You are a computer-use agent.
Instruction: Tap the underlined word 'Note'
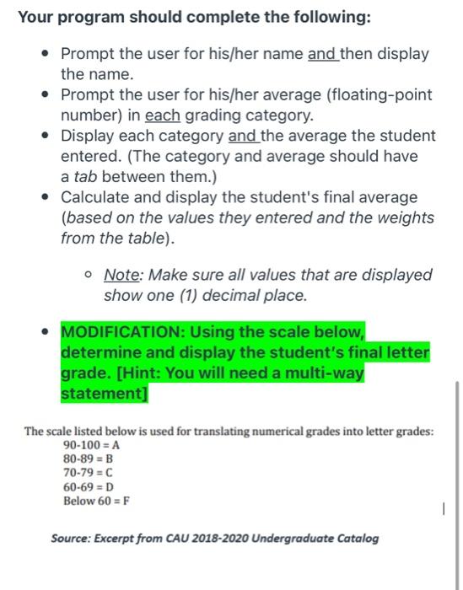[121, 275]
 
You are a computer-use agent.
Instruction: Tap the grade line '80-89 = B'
[89, 459]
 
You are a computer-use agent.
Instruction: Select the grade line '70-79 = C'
[89, 474]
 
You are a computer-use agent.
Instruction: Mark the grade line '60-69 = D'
[89, 487]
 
